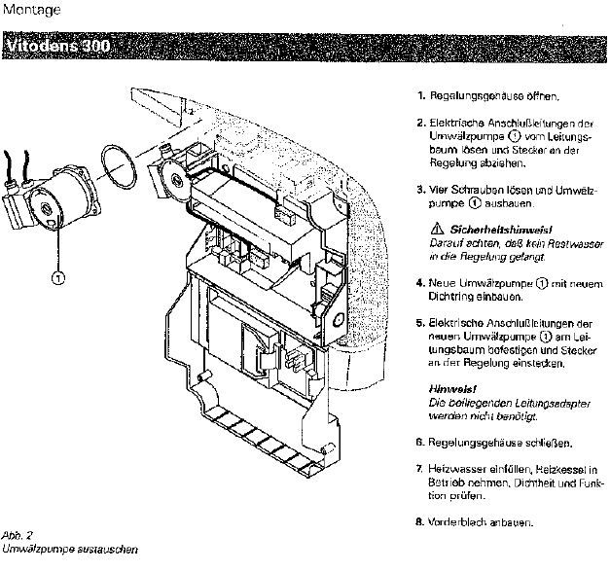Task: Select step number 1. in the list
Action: (x=421, y=97)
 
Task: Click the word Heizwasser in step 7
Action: (x=454, y=470)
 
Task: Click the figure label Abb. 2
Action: (x=17, y=535)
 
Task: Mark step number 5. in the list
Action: (x=421, y=322)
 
